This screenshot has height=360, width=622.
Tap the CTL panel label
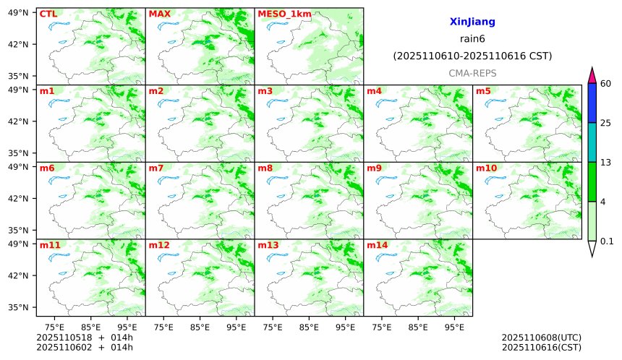point(48,14)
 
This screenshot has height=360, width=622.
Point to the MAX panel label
point(159,14)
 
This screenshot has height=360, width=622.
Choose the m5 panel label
point(483,91)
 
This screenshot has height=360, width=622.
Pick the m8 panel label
point(265,168)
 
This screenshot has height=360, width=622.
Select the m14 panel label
point(377,245)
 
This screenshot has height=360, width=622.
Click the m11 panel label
point(50,245)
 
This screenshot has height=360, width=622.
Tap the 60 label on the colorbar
point(606,84)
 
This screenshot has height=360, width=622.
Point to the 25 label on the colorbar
point(606,123)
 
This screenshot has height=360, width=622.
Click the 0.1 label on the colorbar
point(607,241)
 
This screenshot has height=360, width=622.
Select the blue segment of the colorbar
point(592,103)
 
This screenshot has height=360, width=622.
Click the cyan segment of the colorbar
point(592,142)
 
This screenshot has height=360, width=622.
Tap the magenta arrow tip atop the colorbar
point(592,74)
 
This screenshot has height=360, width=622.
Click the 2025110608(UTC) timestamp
point(541,338)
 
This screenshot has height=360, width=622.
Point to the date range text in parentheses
point(472,56)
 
